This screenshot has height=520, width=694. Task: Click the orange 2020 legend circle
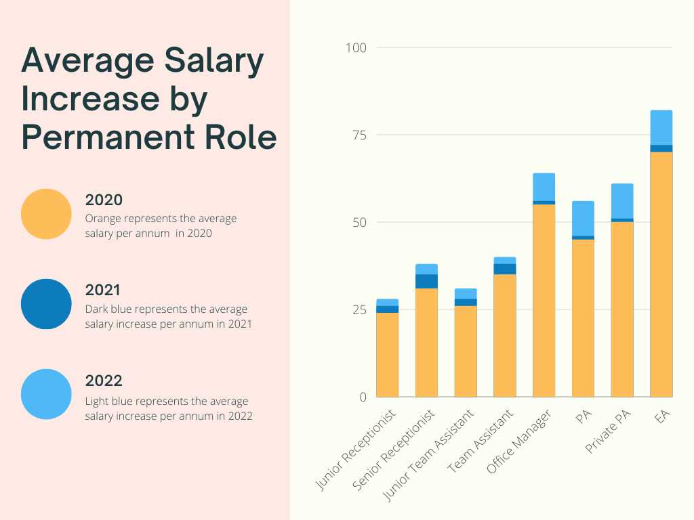click(x=46, y=214)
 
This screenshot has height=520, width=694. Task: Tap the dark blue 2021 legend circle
click(x=46, y=304)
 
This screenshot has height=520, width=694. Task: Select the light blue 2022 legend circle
click(x=46, y=394)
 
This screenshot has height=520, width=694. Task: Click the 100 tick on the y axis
click(x=356, y=47)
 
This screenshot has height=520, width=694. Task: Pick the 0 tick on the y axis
click(x=363, y=397)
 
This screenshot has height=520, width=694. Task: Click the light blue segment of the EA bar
click(x=661, y=127)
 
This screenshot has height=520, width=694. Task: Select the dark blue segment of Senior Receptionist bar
click(x=426, y=281)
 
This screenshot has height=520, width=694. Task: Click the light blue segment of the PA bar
click(x=583, y=218)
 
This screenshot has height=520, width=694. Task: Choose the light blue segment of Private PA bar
click(x=622, y=201)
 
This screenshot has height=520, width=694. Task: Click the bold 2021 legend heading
click(x=103, y=290)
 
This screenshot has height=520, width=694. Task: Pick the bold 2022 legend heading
click(x=104, y=381)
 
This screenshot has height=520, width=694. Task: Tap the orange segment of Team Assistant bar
click(x=504, y=335)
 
